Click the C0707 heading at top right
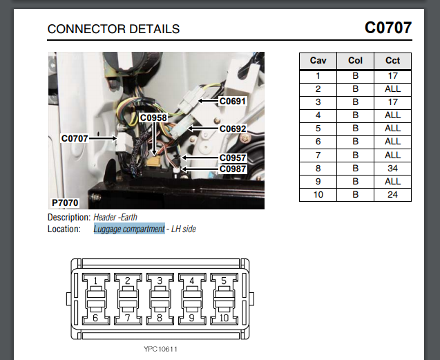[x=388, y=28]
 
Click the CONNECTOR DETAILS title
[x=113, y=29]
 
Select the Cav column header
[x=318, y=60]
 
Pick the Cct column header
[x=392, y=60]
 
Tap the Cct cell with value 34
[x=392, y=168]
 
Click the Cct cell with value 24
[x=392, y=194]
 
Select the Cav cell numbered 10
[x=318, y=194]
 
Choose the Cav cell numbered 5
[x=318, y=128]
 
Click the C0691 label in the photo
[x=233, y=101]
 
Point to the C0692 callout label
[x=233, y=129]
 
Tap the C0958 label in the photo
[x=153, y=118]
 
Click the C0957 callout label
[x=233, y=158]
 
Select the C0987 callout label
[x=233, y=169]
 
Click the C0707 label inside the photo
[x=75, y=138]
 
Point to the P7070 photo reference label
[x=66, y=202]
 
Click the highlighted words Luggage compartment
[x=129, y=229]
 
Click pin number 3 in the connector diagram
[x=160, y=281]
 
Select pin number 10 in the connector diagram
[x=224, y=318]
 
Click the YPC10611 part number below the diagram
[x=161, y=349]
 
